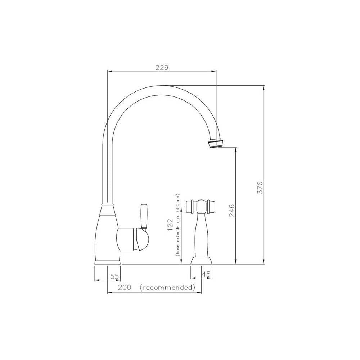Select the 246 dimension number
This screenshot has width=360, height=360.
click(231, 211)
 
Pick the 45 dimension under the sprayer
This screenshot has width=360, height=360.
click(206, 275)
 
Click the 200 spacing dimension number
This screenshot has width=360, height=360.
click(123, 288)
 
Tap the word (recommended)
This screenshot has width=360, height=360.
click(167, 288)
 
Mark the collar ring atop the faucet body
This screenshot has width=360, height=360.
click(108, 210)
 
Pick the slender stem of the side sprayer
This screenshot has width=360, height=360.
click(201, 234)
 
